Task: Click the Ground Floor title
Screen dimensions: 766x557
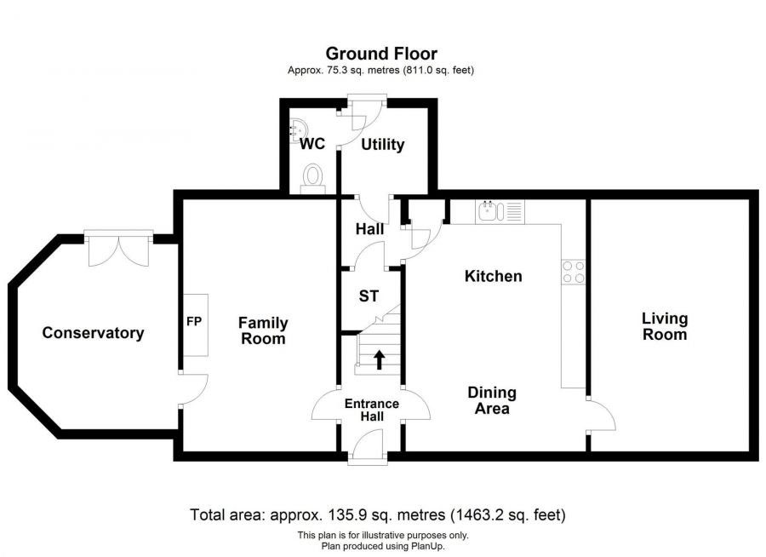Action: tap(381, 54)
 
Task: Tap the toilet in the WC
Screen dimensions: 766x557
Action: tap(312, 176)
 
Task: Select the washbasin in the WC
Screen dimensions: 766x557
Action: tap(298, 130)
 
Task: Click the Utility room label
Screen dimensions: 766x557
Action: tap(382, 144)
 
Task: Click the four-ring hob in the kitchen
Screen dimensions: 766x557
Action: tap(573, 272)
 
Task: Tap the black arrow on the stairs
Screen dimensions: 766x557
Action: tap(379, 359)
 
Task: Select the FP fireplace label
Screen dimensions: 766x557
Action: tap(194, 321)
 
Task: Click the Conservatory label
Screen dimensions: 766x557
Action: tap(93, 332)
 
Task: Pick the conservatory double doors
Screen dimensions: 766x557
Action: tap(118, 248)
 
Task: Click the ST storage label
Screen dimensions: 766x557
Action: tap(369, 296)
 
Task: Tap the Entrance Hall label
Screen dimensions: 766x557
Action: tap(372, 410)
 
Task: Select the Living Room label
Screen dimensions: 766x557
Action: tap(665, 326)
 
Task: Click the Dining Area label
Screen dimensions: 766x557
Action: tap(492, 400)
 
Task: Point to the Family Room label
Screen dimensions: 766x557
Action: tap(263, 330)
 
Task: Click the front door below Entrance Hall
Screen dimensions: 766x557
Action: tap(368, 446)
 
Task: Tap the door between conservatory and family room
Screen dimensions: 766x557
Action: tap(193, 388)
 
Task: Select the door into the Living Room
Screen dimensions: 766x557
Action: tap(601, 415)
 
